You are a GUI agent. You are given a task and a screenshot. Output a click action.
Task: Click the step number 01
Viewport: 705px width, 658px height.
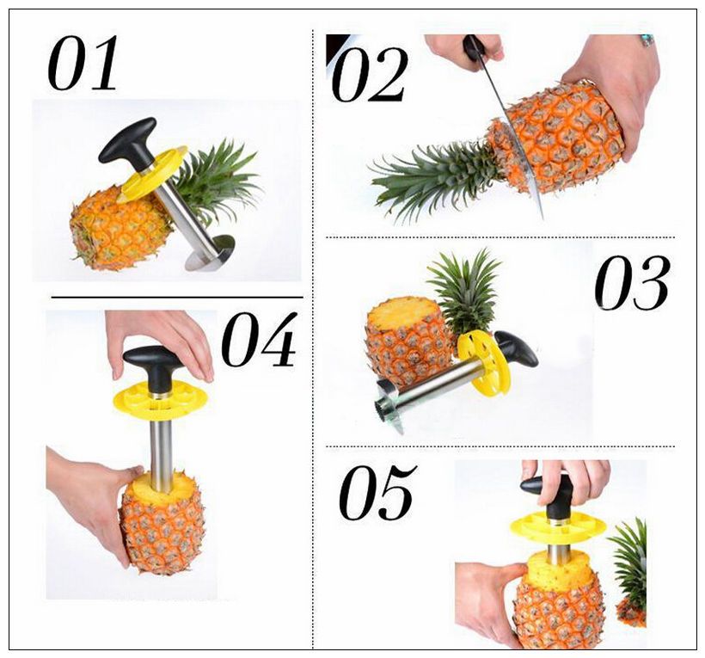coord(83,64)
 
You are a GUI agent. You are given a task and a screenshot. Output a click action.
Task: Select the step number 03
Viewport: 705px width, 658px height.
coord(632,283)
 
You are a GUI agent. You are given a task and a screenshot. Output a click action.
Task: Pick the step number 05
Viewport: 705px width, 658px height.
coord(377,494)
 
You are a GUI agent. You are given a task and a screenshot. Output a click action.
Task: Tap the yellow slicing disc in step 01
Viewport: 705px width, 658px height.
coord(155,173)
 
